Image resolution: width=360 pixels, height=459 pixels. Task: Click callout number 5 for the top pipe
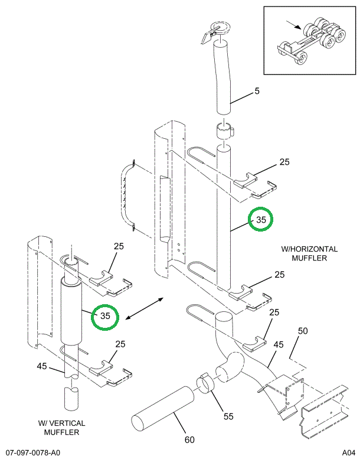click(x=257, y=91)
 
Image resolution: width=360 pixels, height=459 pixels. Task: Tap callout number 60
click(x=189, y=440)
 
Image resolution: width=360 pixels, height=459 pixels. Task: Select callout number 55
click(x=228, y=416)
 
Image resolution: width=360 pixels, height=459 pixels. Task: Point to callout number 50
click(x=303, y=331)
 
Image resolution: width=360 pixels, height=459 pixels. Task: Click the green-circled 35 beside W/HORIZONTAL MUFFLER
click(x=261, y=219)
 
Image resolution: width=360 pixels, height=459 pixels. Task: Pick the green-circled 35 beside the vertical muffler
click(x=105, y=317)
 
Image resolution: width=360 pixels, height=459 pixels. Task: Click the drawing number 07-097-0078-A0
click(x=32, y=453)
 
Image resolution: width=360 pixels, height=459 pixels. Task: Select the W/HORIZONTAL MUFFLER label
click(x=309, y=253)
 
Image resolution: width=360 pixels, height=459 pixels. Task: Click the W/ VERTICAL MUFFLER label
click(x=61, y=428)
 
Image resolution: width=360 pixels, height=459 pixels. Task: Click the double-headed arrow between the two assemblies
click(x=144, y=308)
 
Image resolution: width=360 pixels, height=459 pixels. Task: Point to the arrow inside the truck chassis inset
click(x=293, y=25)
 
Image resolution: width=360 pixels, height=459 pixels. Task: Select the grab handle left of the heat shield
click(x=127, y=196)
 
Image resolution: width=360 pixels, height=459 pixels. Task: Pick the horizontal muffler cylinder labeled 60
click(x=163, y=409)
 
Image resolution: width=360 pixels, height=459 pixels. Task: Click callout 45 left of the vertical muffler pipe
click(x=41, y=366)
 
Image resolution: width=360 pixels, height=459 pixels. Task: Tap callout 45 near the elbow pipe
click(x=278, y=344)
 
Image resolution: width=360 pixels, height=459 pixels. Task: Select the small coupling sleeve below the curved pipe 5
click(x=225, y=131)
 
